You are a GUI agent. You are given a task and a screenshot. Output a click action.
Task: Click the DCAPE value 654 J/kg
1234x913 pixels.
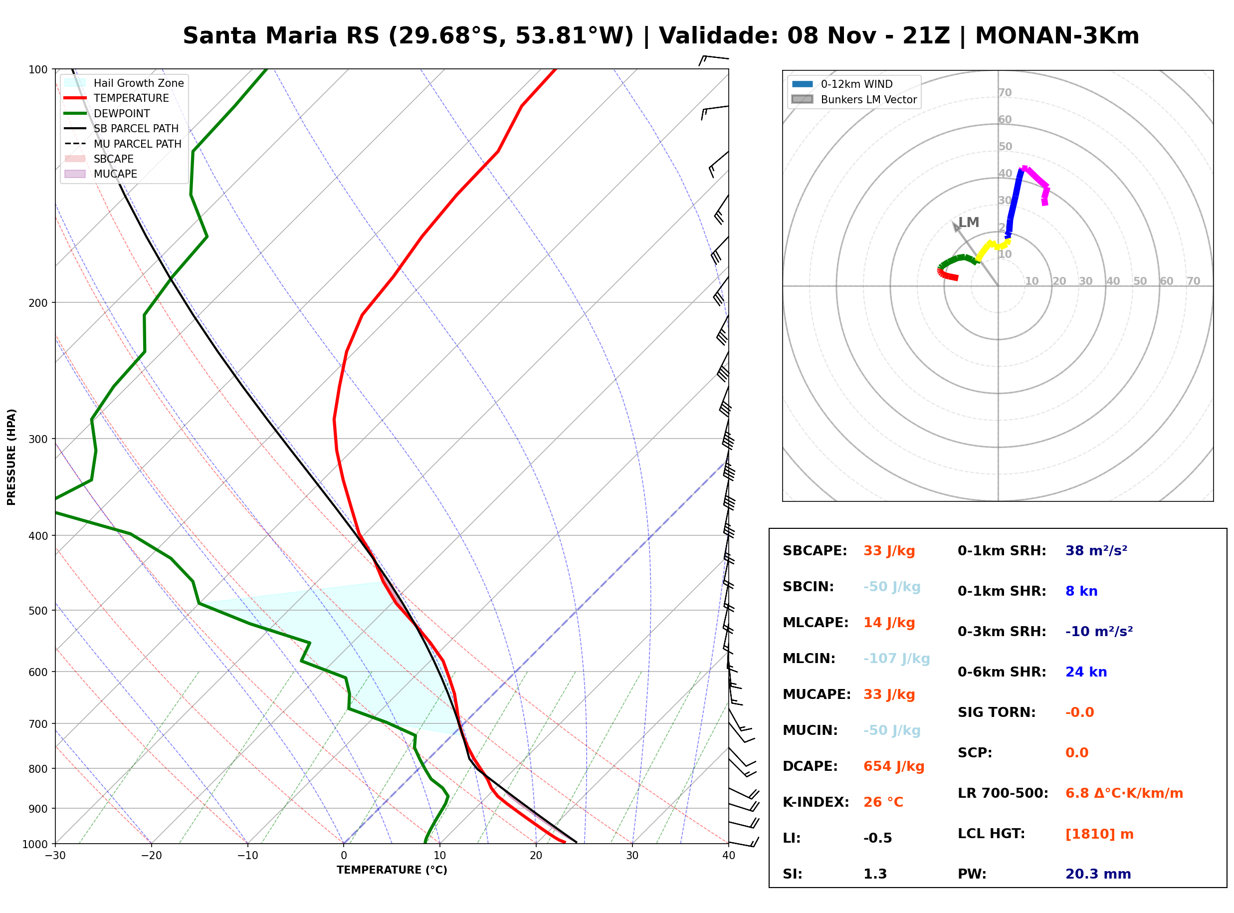click(894, 766)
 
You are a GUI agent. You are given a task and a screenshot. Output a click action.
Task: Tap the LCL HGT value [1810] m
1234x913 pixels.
click(1099, 835)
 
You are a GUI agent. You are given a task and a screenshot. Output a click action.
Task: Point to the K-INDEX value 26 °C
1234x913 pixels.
click(883, 802)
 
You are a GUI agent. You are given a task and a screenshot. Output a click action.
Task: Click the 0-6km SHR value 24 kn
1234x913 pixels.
click(1086, 673)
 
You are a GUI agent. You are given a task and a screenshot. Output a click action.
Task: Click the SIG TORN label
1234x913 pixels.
click(997, 713)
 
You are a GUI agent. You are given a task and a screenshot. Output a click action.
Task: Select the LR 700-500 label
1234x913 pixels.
click(1003, 794)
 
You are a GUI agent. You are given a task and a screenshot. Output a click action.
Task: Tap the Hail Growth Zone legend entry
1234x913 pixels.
click(124, 83)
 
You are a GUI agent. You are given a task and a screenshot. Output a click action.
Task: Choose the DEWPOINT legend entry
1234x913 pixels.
click(107, 114)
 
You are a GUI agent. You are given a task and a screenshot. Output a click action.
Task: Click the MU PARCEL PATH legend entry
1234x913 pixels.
click(123, 144)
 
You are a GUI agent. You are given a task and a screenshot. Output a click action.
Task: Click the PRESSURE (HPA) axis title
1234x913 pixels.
click(11, 457)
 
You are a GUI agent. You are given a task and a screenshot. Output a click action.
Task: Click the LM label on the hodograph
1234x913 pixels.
click(968, 223)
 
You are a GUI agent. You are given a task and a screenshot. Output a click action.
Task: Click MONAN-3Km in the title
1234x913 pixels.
click(1057, 36)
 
